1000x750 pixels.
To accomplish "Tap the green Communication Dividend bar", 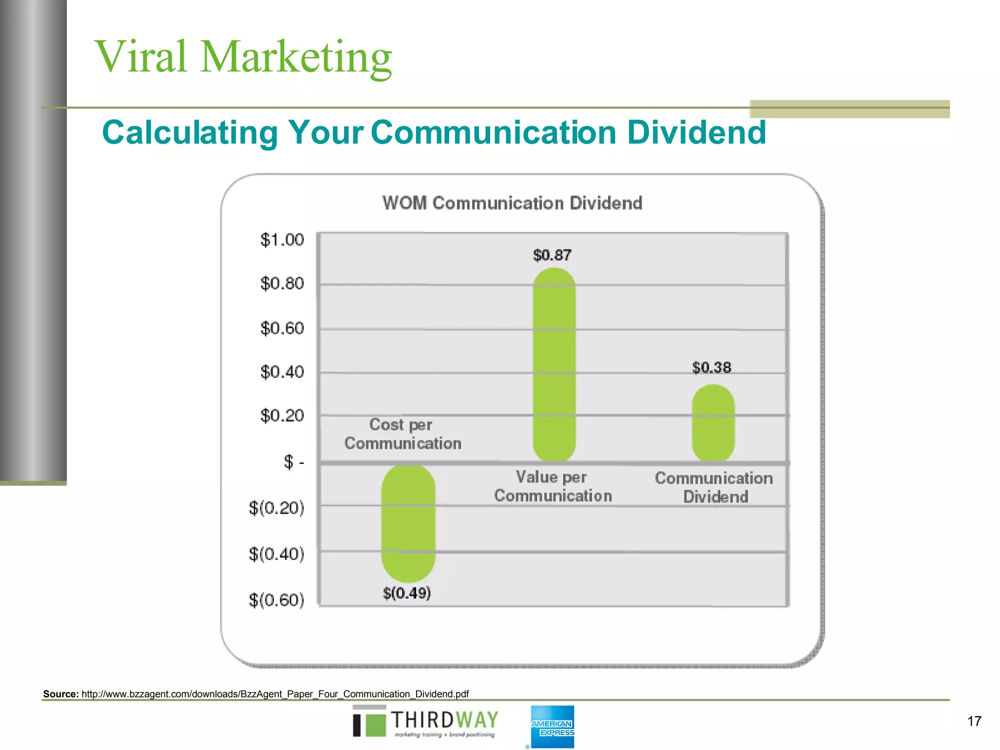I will pos(713,423).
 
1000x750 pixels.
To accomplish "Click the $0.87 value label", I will pos(552,255).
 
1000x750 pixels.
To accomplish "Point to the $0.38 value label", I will pos(711,368).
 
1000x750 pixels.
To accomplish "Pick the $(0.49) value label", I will pos(407,593).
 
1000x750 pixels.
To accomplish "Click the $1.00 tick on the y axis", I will pos(282,240).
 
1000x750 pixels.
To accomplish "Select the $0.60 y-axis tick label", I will pos(282,328).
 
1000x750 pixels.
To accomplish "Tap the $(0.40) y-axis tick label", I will pos(276,554).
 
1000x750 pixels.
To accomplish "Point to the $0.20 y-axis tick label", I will pos(282,416).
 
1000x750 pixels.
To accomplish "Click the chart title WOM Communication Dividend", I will pos(512,203).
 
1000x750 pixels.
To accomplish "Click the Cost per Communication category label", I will pos(402,434).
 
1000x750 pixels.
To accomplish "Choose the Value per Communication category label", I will pos(553,486).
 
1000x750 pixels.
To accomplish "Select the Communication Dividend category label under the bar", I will pos(714,487).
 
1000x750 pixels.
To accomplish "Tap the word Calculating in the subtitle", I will pos(190,133).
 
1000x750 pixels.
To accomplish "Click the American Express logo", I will pos(552,727).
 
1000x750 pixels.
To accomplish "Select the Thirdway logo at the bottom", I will pos(425,723).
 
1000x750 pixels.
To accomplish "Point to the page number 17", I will pos(974,721).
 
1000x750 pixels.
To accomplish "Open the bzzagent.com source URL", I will pos(275,694).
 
